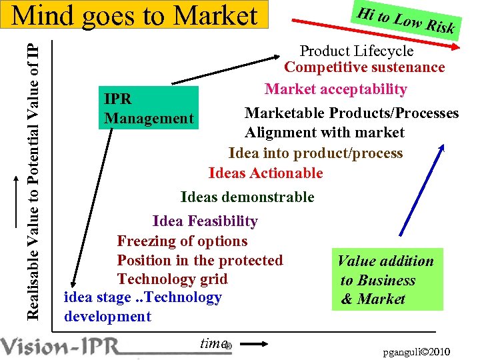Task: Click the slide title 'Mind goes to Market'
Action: pyautogui.click(x=135, y=15)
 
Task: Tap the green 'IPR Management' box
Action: pyautogui.click(x=149, y=108)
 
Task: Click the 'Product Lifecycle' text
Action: pyautogui.click(x=356, y=51)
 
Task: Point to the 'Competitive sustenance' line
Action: pyautogui.click(x=364, y=67)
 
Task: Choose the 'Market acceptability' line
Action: pyautogui.click(x=335, y=89)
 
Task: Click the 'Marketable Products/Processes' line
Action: pyautogui.click(x=351, y=113)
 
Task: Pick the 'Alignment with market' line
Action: pyautogui.click(x=324, y=133)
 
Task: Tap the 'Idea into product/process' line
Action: pyautogui.click(x=315, y=153)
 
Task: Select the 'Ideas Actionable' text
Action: pyautogui.click(x=265, y=173)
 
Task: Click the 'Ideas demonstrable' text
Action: pyautogui.click(x=247, y=197)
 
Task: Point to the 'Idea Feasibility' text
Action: pyautogui.click(x=205, y=221)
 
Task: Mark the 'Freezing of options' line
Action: pyautogui.click(x=182, y=241)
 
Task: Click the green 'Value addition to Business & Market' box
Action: pyautogui.click(x=387, y=280)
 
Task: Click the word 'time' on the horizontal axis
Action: pyautogui.click(x=213, y=343)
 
